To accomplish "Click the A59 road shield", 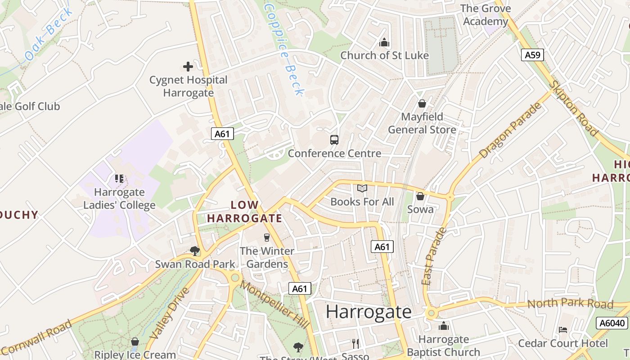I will tap(533, 55).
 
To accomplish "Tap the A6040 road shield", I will tap(612, 323).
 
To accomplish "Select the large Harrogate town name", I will tap(369, 312).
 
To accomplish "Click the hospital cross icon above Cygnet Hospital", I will tap(188, 67).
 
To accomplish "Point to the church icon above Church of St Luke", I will tap(384, 43).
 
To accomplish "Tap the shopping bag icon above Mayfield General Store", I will tap(422, 103).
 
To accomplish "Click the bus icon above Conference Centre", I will tap(334, 140).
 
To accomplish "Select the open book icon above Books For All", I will tap(362, 188).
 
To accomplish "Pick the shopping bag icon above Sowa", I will tap(420, 196).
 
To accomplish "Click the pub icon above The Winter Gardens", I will tap(267, 237).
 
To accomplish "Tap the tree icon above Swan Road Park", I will tap(195, 250).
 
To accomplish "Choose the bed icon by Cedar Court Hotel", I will tap(563, 330).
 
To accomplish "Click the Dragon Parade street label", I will tap(511, 130).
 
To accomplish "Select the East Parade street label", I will tap(434, 256).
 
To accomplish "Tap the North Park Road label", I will tap(570, 303).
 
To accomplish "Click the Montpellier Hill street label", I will tap(274, 304).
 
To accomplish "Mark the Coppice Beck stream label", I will tap(284, 49).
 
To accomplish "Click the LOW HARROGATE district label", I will tap(244, 212).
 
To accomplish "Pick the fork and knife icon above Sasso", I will tap(356, 344).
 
